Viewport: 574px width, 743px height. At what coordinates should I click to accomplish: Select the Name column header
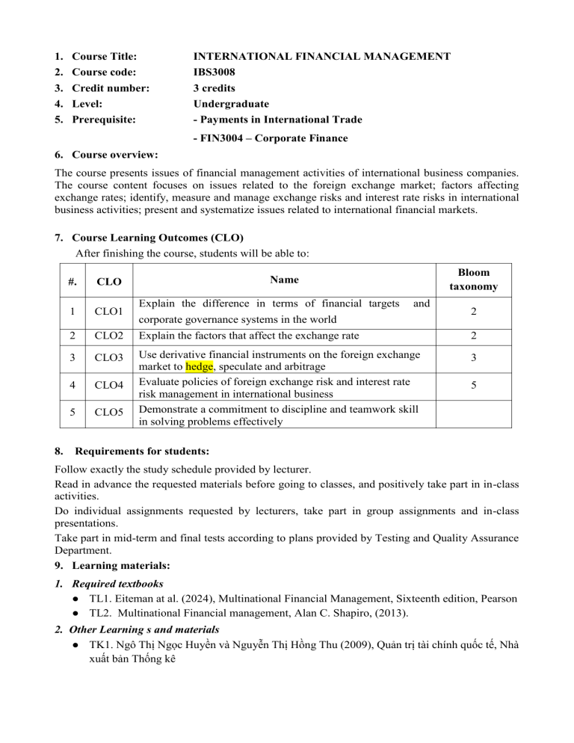284,280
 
